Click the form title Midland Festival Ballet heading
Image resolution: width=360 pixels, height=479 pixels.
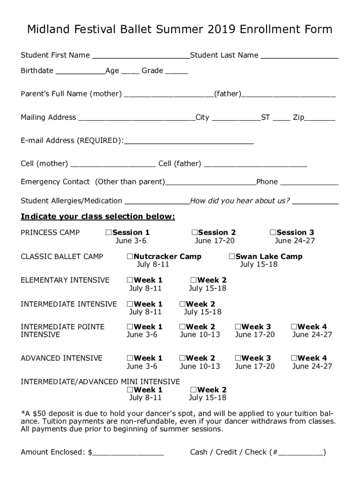tap(180, 30)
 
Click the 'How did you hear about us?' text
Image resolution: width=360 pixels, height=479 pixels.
tap(240, 201)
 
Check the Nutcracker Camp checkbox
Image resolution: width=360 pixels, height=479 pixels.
tap(130, 256)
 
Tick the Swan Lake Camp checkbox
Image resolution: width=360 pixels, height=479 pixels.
tap(232, 256)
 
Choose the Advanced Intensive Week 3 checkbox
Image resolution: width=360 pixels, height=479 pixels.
tap(238, 358)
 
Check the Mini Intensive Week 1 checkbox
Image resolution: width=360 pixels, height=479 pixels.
tap(130, 390)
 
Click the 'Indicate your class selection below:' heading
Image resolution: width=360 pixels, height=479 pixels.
tap(98, 217)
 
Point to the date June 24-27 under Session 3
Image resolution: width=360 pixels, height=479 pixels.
tap(295, 241)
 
